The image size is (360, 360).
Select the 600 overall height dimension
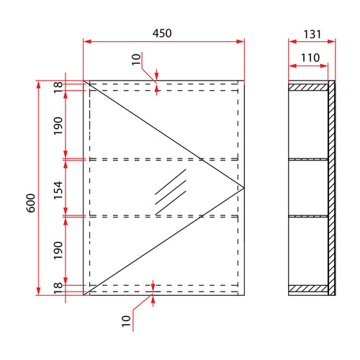[30, 204]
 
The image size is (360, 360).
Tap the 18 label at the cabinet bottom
[58, 287]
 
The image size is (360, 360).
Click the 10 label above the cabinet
[137, 59]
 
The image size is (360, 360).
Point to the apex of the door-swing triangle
[244, 187]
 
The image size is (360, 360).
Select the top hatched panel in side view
[308, 86]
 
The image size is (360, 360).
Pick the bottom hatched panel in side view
[308, 289]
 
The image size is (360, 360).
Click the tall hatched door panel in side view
[331, 187]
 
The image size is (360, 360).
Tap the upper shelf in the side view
[308, 158]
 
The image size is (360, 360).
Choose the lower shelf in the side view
[308, 215]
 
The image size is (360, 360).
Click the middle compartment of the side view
[308, 187]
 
